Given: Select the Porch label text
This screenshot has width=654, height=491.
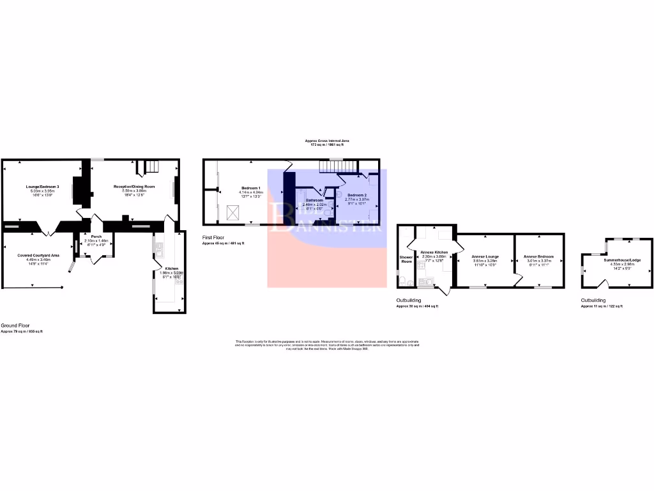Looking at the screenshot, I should pos(96,236).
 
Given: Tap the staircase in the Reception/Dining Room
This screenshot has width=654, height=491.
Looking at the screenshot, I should pos(151,168).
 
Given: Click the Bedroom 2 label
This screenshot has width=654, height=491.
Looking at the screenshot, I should pos(356,194).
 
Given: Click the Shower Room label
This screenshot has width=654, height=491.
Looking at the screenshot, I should pos(406,259).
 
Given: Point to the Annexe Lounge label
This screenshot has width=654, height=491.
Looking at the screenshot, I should pos(485,256).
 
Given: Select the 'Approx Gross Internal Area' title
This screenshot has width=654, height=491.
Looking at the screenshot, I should pos(326,141).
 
